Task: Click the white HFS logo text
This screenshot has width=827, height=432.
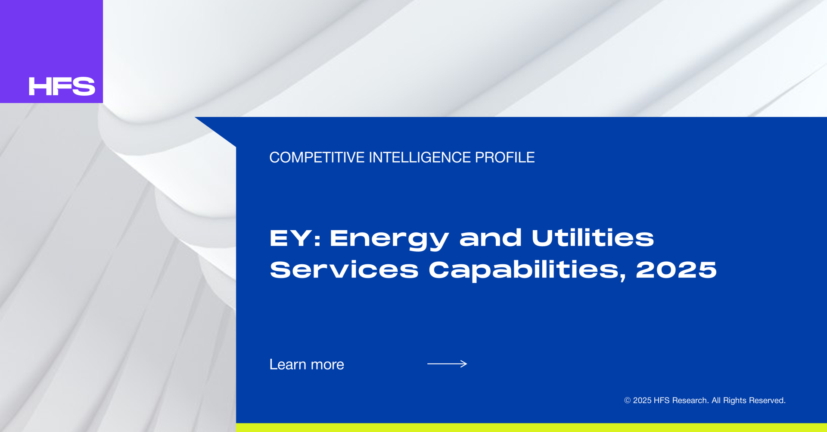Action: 62,86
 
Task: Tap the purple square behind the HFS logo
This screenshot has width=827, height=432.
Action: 51,51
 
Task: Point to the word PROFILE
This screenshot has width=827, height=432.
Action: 505,157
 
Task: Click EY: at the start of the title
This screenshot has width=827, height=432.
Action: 295,238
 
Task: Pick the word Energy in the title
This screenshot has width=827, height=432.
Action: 389,240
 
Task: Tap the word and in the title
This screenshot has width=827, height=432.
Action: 491,238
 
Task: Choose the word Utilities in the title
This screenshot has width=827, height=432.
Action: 593,238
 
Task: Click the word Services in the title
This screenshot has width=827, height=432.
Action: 344,270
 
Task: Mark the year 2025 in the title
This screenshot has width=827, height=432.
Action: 676,270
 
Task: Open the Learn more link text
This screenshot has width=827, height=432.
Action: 307,364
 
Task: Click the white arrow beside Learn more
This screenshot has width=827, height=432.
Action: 447,364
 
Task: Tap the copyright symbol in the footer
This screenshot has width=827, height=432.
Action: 628,401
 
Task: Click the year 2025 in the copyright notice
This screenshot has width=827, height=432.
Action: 642,401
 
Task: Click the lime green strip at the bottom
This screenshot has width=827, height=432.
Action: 532,427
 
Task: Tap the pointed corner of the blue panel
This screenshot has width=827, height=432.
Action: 195,117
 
